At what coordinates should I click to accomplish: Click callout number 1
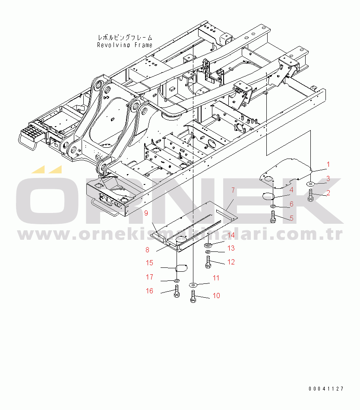(328, 164)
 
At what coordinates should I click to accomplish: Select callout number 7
(233, 190)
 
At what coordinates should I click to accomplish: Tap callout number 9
(146, 213)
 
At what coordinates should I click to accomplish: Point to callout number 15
(149, 263)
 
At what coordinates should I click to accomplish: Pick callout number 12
(231, 262)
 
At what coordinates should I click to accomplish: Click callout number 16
(149, 291)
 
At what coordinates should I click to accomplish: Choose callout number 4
(291, 189)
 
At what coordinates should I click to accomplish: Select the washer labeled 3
(311, 184)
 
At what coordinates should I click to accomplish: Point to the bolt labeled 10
(193, 297)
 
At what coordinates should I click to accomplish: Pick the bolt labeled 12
(208, 261)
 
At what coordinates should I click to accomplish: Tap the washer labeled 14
(208, 245)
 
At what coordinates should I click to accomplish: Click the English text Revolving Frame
(125, 44)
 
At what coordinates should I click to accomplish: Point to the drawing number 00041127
(326, 389)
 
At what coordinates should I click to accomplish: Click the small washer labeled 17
(177, 280)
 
